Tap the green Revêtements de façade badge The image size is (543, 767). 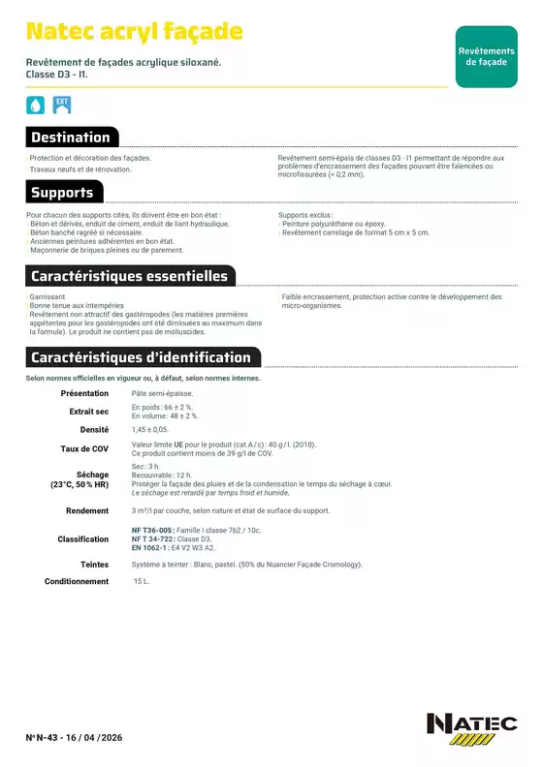[x=486, y=57]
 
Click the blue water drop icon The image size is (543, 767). [x=35, y=105]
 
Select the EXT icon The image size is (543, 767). [x=61, y=104]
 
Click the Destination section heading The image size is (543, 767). [x=72, y=137]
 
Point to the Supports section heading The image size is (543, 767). [x=62, y=192]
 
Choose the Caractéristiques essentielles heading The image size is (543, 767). [x=129, y=276]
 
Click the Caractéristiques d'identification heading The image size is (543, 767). [x=141, y=357]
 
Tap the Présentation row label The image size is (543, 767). [x=85, y=394]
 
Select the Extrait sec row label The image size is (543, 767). [x=89, y=412]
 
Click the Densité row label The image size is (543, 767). [x=94, y=429]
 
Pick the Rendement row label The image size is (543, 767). [x=87, y=510]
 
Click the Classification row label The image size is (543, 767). [x=83, y=539]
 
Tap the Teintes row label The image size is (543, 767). [x=95, y=564]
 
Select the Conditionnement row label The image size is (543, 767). [x=77, y=582]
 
